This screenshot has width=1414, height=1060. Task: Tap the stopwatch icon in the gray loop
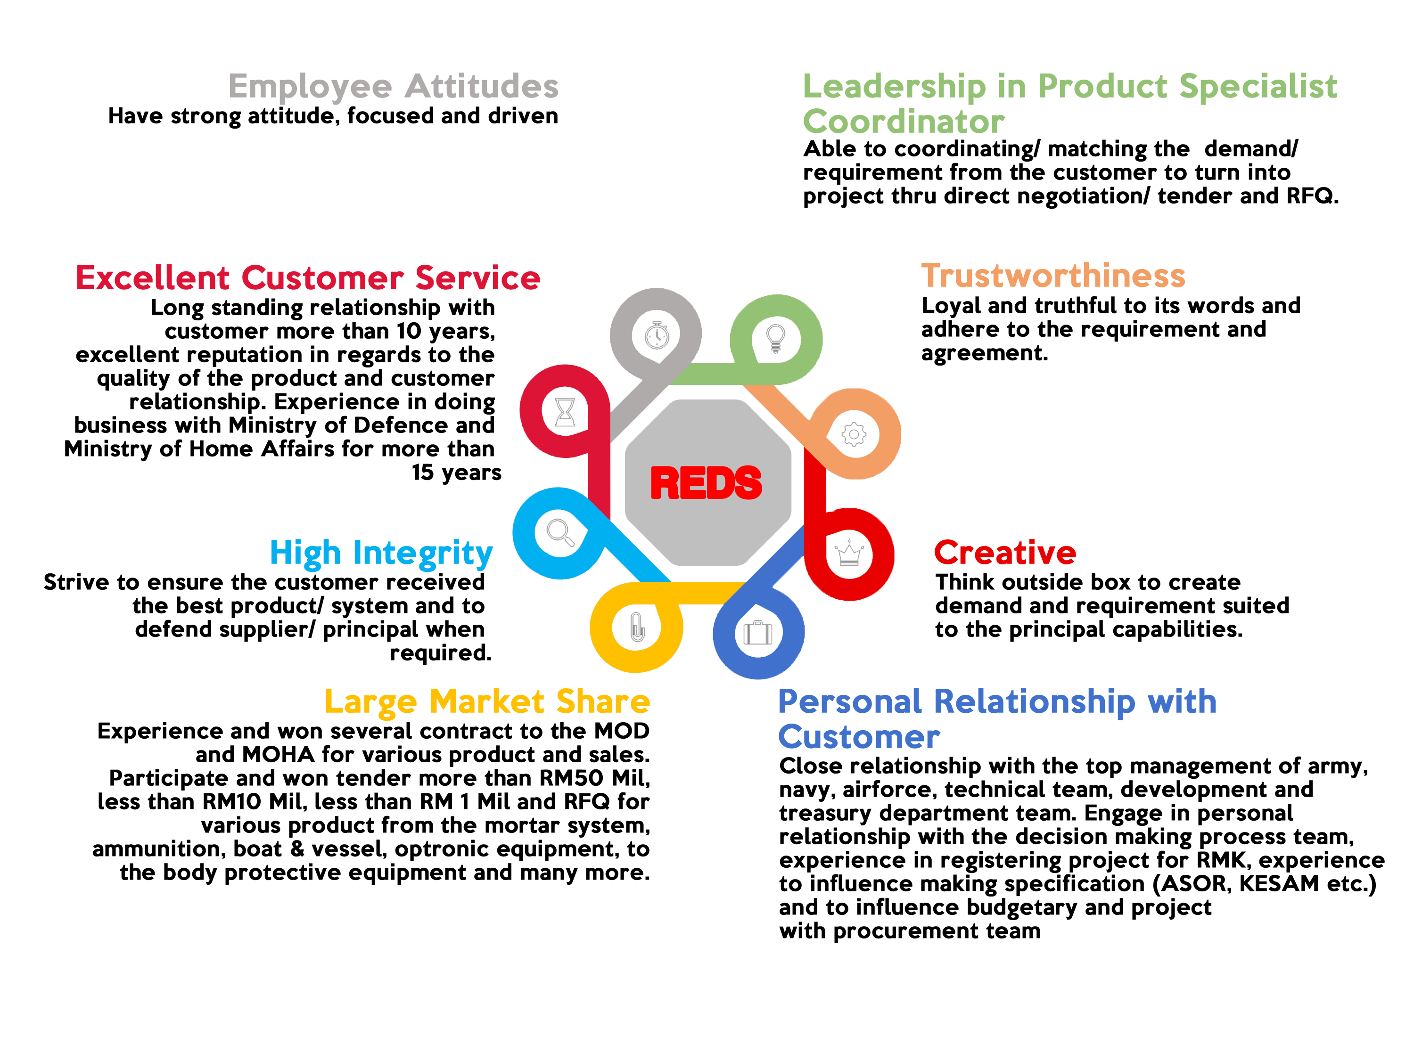(657, 335)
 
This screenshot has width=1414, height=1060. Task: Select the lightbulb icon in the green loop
(775, 338)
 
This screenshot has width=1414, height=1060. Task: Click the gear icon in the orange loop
(854, 434)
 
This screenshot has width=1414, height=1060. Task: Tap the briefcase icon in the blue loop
(757, 633)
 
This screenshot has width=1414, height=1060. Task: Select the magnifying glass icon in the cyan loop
(560, 532)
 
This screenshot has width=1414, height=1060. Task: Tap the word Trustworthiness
(1053, 276)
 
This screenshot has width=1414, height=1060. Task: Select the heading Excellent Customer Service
(308, 278)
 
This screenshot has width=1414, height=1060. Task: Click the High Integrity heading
(381, 553)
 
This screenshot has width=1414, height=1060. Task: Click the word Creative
(1005, 553)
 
